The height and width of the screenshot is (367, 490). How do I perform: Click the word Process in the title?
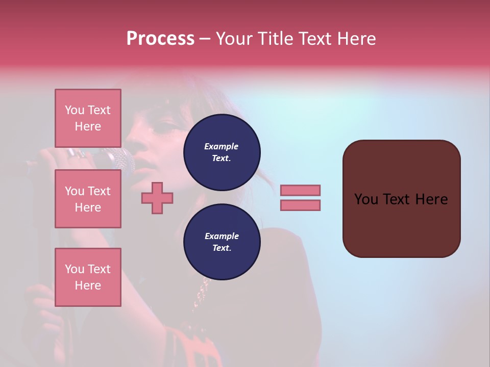[160, 39]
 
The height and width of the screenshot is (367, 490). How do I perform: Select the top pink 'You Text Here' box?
[88, 118]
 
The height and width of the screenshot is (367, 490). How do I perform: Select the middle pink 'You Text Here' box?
[88, 199]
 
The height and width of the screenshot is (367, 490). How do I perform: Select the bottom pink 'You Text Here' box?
[88, 277]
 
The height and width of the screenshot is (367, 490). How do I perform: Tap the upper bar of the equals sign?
[300, 190]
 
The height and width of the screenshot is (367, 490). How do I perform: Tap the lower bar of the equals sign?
[300, 205]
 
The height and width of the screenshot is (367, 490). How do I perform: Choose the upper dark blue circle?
[222, 152]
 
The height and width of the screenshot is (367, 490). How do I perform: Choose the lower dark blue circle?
[222, 242]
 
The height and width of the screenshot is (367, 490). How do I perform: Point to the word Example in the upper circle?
[221, 146]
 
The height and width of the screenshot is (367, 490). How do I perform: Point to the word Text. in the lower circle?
[222, 248]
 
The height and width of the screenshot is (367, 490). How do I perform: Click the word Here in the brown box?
[431, 199]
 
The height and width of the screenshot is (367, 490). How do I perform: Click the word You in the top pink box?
[74, 110]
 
